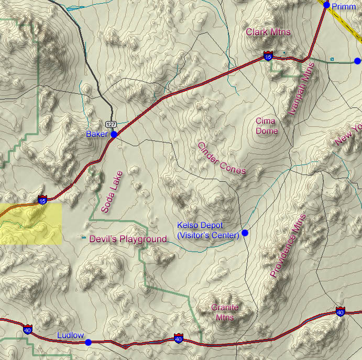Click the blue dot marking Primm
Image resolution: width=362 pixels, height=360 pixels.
[x=327, y=5]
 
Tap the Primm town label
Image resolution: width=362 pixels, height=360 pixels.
[x=344, y=6]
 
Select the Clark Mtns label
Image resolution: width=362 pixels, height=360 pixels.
[x=268, y=32]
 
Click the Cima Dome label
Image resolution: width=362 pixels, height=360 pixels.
[x=266, y=126]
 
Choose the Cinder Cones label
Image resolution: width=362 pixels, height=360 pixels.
[x=221, y=158]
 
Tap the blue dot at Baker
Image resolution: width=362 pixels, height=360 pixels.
[x=114, y=134]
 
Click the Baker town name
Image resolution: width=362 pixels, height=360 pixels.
[x=97, y=135]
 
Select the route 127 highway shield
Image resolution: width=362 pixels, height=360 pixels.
[x=111, y=124]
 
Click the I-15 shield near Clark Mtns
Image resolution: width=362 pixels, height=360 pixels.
[x=268, y=56]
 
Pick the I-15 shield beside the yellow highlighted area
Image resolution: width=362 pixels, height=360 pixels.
[x=42, y=200]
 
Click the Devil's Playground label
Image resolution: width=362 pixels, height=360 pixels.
[x=128, y=239]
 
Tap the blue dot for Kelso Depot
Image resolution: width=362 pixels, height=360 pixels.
[x=245, y=233]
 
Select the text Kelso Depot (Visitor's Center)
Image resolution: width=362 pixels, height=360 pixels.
[x=208, y=231]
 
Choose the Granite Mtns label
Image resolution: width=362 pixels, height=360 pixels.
[x=225, y=312]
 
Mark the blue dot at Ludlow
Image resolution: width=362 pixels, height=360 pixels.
[x=88, y=342]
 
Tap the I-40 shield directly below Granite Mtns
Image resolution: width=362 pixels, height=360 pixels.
[x=179, y=340]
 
